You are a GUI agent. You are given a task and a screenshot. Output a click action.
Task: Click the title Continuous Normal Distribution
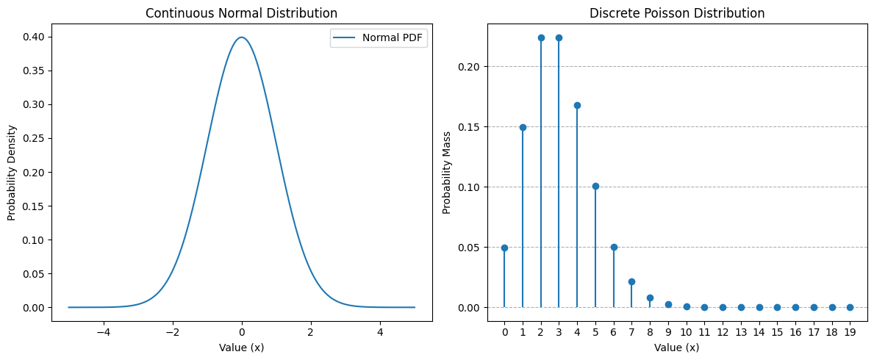[241, 13]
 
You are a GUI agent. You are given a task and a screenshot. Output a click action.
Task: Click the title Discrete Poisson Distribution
[677, 13]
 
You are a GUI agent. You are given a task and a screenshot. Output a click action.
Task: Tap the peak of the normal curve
[241, 37]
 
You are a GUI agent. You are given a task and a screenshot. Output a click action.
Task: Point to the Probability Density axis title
[12, 172]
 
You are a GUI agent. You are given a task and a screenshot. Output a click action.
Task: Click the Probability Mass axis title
[447, 172]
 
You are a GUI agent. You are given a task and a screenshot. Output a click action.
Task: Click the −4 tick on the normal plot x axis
[103, 331]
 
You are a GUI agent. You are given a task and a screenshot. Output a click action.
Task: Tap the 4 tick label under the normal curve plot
[380, 331]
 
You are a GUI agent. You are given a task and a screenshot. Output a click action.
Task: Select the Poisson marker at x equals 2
[541, 37]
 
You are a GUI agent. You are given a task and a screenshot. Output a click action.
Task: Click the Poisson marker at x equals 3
[559, 37]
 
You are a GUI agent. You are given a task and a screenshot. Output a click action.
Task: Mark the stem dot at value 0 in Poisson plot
[504, 248]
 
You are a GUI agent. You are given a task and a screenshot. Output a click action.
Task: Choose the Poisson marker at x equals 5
[595, 186]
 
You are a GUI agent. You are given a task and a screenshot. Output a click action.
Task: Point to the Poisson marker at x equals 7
[631, 281]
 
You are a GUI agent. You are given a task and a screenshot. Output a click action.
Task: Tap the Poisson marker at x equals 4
[577, 105]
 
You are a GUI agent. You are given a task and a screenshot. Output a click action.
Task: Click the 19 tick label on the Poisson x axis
[850, 331]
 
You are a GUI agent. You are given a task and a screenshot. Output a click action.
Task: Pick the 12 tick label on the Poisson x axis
[723, 331]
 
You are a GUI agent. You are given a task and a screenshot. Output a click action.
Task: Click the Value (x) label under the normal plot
[241, 348]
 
